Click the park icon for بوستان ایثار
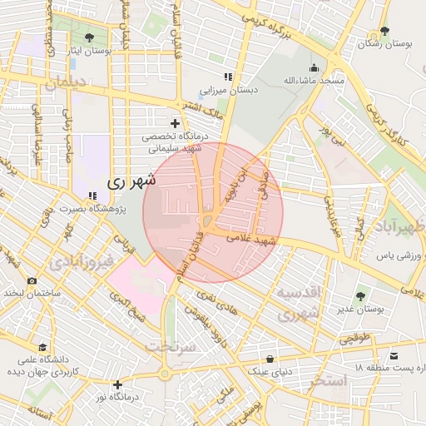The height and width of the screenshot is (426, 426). (x=89, y=37)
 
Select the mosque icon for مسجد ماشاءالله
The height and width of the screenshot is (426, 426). (x=313, y=68)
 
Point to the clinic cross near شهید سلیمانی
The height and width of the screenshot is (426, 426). (x=175, y=123)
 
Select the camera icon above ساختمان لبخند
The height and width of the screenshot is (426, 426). (x=32, y=281)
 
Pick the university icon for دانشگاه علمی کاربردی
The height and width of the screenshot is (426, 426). (x=42, y=347)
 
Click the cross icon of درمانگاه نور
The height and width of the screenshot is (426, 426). (x=118, y=384)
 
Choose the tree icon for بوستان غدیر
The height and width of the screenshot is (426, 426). (x=360, y=295)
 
